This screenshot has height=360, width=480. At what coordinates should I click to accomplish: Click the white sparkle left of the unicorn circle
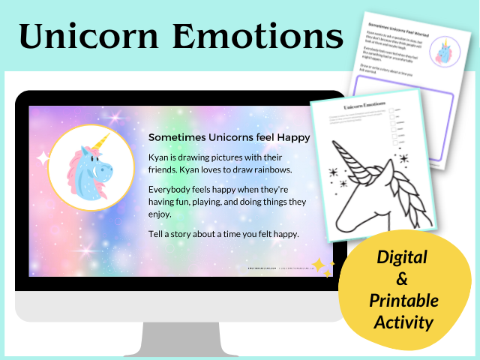(43, 157)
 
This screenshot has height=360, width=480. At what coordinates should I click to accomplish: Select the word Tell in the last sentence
(156, 235)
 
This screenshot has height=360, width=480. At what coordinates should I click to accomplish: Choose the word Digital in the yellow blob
(400, 257)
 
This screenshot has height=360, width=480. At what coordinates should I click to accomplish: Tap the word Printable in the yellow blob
(400, 301)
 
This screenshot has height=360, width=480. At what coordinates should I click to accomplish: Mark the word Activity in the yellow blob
(400, 322)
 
